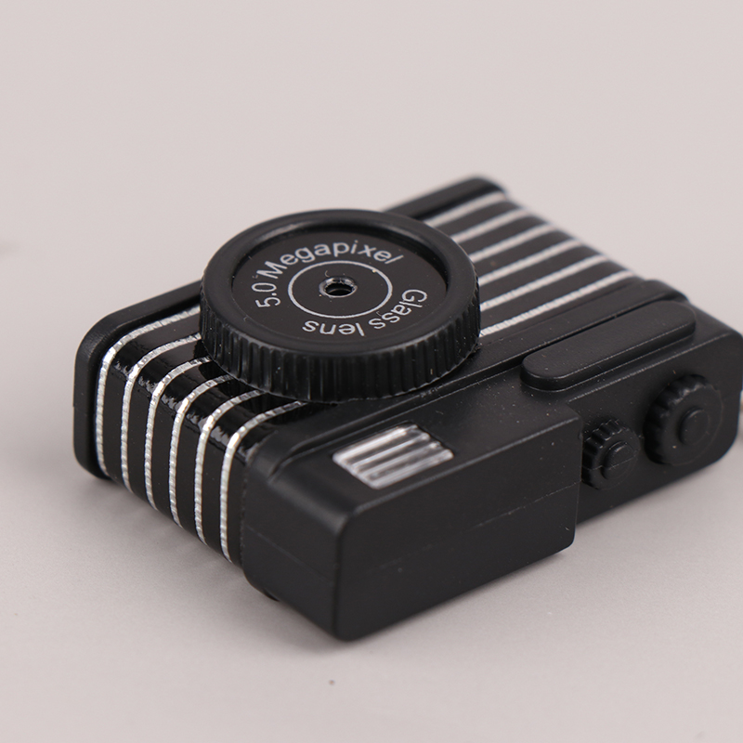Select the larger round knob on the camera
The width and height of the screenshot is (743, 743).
pyautogui.click(x=685, y=421)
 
